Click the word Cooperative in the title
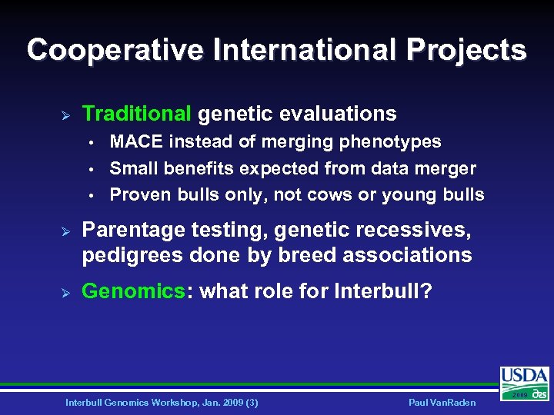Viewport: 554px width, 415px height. point(115,51)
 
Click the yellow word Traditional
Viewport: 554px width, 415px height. point(136,115)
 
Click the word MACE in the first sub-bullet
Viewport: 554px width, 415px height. point(137,142)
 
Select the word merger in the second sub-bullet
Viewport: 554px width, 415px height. point(446,168)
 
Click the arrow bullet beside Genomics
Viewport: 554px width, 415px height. point(66,291)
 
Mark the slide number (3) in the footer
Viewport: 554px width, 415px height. point(250,403)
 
